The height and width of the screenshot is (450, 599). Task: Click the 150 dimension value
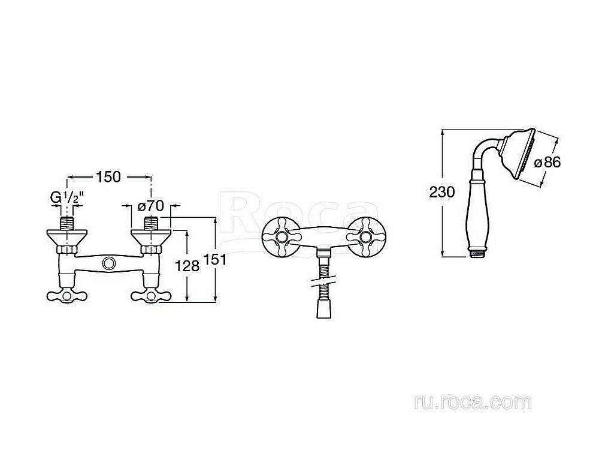(108, 177)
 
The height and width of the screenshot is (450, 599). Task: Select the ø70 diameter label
(150, 206)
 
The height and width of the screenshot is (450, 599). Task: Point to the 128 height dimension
(187, 265)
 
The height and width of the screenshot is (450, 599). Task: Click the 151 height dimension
(214, 259)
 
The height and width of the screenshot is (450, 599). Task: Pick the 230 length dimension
(442, 192)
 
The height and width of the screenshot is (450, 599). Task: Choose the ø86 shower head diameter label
(547, 163)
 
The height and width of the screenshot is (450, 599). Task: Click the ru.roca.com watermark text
(473, 403)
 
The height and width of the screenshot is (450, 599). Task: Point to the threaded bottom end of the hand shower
(476, 253)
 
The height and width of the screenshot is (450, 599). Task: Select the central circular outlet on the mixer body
(109, 263)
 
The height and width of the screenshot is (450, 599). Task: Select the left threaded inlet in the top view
(67, 223)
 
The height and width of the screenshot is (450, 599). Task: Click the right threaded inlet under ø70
(152, 223)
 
